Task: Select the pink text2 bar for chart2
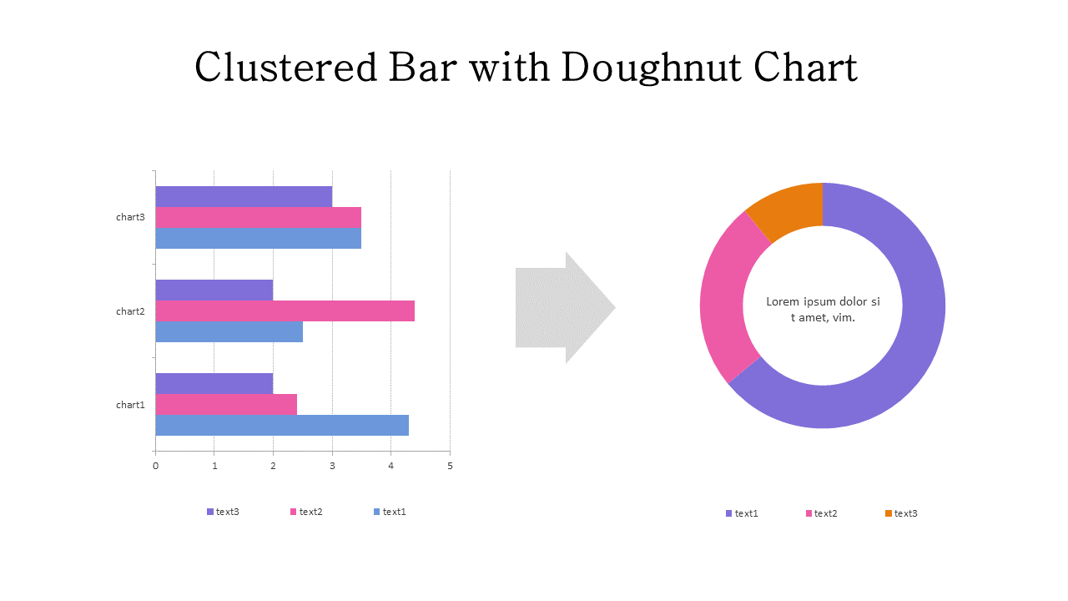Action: pos(285,311)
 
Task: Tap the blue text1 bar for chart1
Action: pos(282,425)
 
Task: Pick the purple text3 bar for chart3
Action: pos(244,196)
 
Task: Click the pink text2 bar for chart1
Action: pos(226,404)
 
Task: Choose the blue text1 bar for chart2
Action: pos(229,331)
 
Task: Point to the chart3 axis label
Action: pos(130,217)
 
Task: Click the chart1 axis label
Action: pos(130,405)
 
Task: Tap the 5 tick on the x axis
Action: pos(450,466)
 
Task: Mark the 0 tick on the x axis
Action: pos(155,466)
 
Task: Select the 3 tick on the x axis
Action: pos(332,466)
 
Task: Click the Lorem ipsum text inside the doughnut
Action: pos(823,310)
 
